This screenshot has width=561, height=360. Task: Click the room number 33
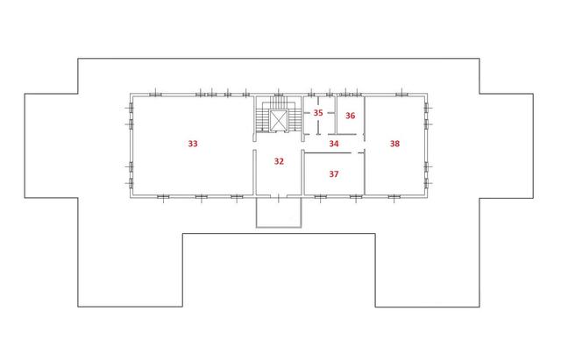point(193,144)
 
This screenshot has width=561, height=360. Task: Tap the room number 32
point(279,161)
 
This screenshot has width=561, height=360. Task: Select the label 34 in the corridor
point(334,144)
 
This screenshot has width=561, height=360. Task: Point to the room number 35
point(318,113)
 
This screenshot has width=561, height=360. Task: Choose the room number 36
point(351,116)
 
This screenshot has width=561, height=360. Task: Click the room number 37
point(334,174)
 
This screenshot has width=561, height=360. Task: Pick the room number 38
point(394,144)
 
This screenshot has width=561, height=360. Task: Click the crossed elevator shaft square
point(279,121)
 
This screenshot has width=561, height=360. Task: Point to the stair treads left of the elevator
point(262,121)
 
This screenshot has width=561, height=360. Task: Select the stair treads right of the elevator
point(295,121)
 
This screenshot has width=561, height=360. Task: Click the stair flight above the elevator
point(279,102)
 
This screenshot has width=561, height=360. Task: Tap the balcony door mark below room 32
point(279,195)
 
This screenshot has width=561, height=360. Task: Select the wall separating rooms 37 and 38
point(365,173)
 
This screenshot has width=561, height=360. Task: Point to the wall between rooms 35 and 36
point(336,115)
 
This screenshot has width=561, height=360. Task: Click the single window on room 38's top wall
point(401,95)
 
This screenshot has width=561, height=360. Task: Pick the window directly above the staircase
point(279,95)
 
